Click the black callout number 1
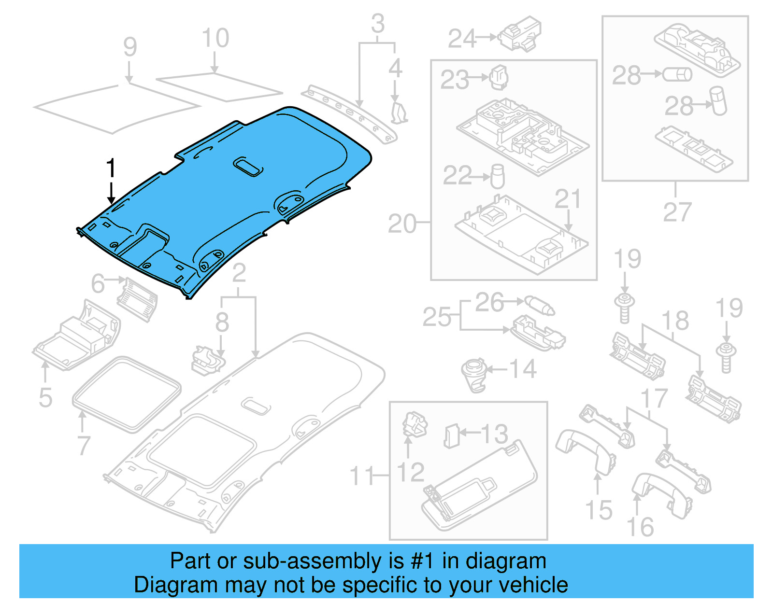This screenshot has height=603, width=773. [x=111, y=168]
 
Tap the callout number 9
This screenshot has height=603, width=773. [x=129, y=47]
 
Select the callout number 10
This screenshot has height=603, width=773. [x=215, y=39]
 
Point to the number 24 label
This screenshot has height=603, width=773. [x=462, y=39]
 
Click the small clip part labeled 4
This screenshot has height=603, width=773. [x=399, y=112]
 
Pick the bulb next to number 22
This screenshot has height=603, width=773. [x=498, y=176]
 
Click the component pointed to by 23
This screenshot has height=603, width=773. [x=499, y=77]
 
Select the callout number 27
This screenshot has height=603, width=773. [x=677, y=212]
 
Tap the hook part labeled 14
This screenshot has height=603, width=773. [x=474, y=374]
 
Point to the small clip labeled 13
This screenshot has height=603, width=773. [x=451, y=435]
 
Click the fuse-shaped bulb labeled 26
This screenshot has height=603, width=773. [x=540, y=306]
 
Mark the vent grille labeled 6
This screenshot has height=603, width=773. [x=137, y=299]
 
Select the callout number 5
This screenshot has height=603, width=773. [x=45, y=398]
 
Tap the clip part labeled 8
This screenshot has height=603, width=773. [x=207, y=360]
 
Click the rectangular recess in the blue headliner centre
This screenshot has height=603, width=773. [x=249, y=167]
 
